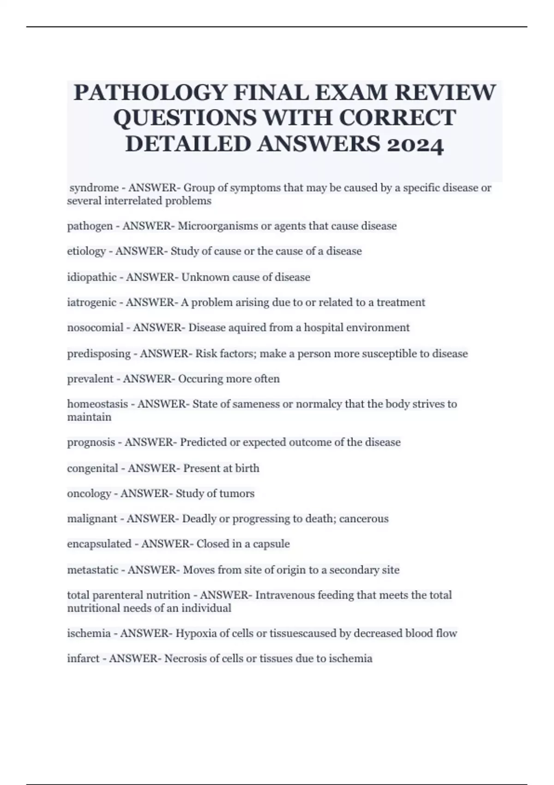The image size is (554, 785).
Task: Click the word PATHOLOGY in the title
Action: pos(151,92)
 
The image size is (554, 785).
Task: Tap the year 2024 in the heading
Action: pos(415,145)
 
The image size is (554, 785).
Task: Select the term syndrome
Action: pos(94,188)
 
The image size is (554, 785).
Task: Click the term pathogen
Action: pos(90,226)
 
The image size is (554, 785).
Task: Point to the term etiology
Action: pos(86,251)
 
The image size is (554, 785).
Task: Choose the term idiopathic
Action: pos(91,277)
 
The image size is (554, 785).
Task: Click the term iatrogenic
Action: pos(91,302)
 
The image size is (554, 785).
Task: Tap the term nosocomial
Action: pos(95,328)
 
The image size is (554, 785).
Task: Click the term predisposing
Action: pos(99,354)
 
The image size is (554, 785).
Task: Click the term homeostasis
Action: pos(97,404)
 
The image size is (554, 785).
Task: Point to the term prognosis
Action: pos(91,442)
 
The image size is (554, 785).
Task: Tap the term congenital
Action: pos(92,468)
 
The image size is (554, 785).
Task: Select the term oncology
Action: pos(89,494)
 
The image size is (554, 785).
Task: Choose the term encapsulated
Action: pos(99,544)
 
